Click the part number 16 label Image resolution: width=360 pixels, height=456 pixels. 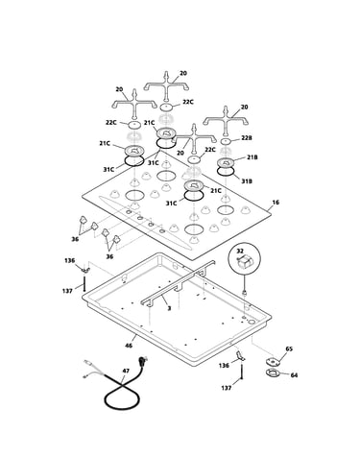[276, 203]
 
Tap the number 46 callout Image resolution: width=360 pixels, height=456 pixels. [129, 346]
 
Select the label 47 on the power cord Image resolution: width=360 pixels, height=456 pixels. [126, 371]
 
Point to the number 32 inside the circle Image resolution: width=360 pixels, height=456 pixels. [240, 252]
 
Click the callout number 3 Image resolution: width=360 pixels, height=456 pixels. [169, 308]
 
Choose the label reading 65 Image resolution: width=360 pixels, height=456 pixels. [289, 348]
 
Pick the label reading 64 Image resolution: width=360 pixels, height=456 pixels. [294, 374]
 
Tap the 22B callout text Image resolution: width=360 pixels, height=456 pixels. [247, 137]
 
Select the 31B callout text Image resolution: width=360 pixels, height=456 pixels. [247, 181]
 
